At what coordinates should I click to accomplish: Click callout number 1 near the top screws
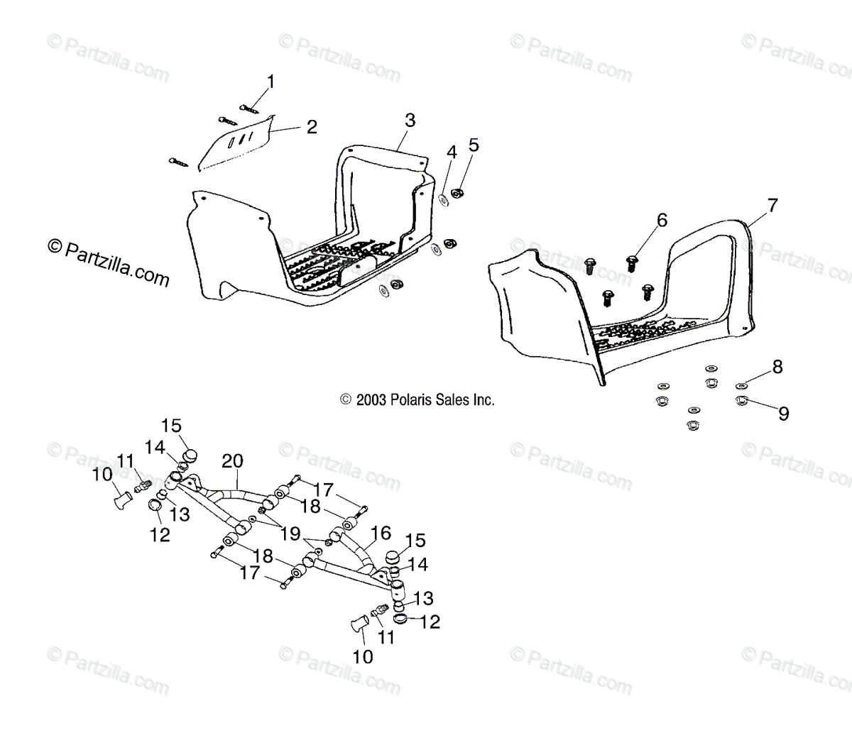coord(271,82)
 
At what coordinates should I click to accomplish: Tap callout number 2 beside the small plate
coord(311,127)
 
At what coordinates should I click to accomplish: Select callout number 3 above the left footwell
coord(410,121)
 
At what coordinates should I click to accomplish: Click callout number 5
coord(474,145)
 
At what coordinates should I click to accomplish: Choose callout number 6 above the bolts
coord(662,221)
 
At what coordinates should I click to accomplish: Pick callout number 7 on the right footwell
coord(772,206)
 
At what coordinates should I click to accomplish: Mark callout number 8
coord(777,367)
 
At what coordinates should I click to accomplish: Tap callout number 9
coord(783,413)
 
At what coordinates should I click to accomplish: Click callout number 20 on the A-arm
coord(234,462)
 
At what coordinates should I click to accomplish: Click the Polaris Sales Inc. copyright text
coord(417,400)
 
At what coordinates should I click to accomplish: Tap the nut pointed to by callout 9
coord(742,402)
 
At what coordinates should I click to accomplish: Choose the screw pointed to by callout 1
coord(248,108)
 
